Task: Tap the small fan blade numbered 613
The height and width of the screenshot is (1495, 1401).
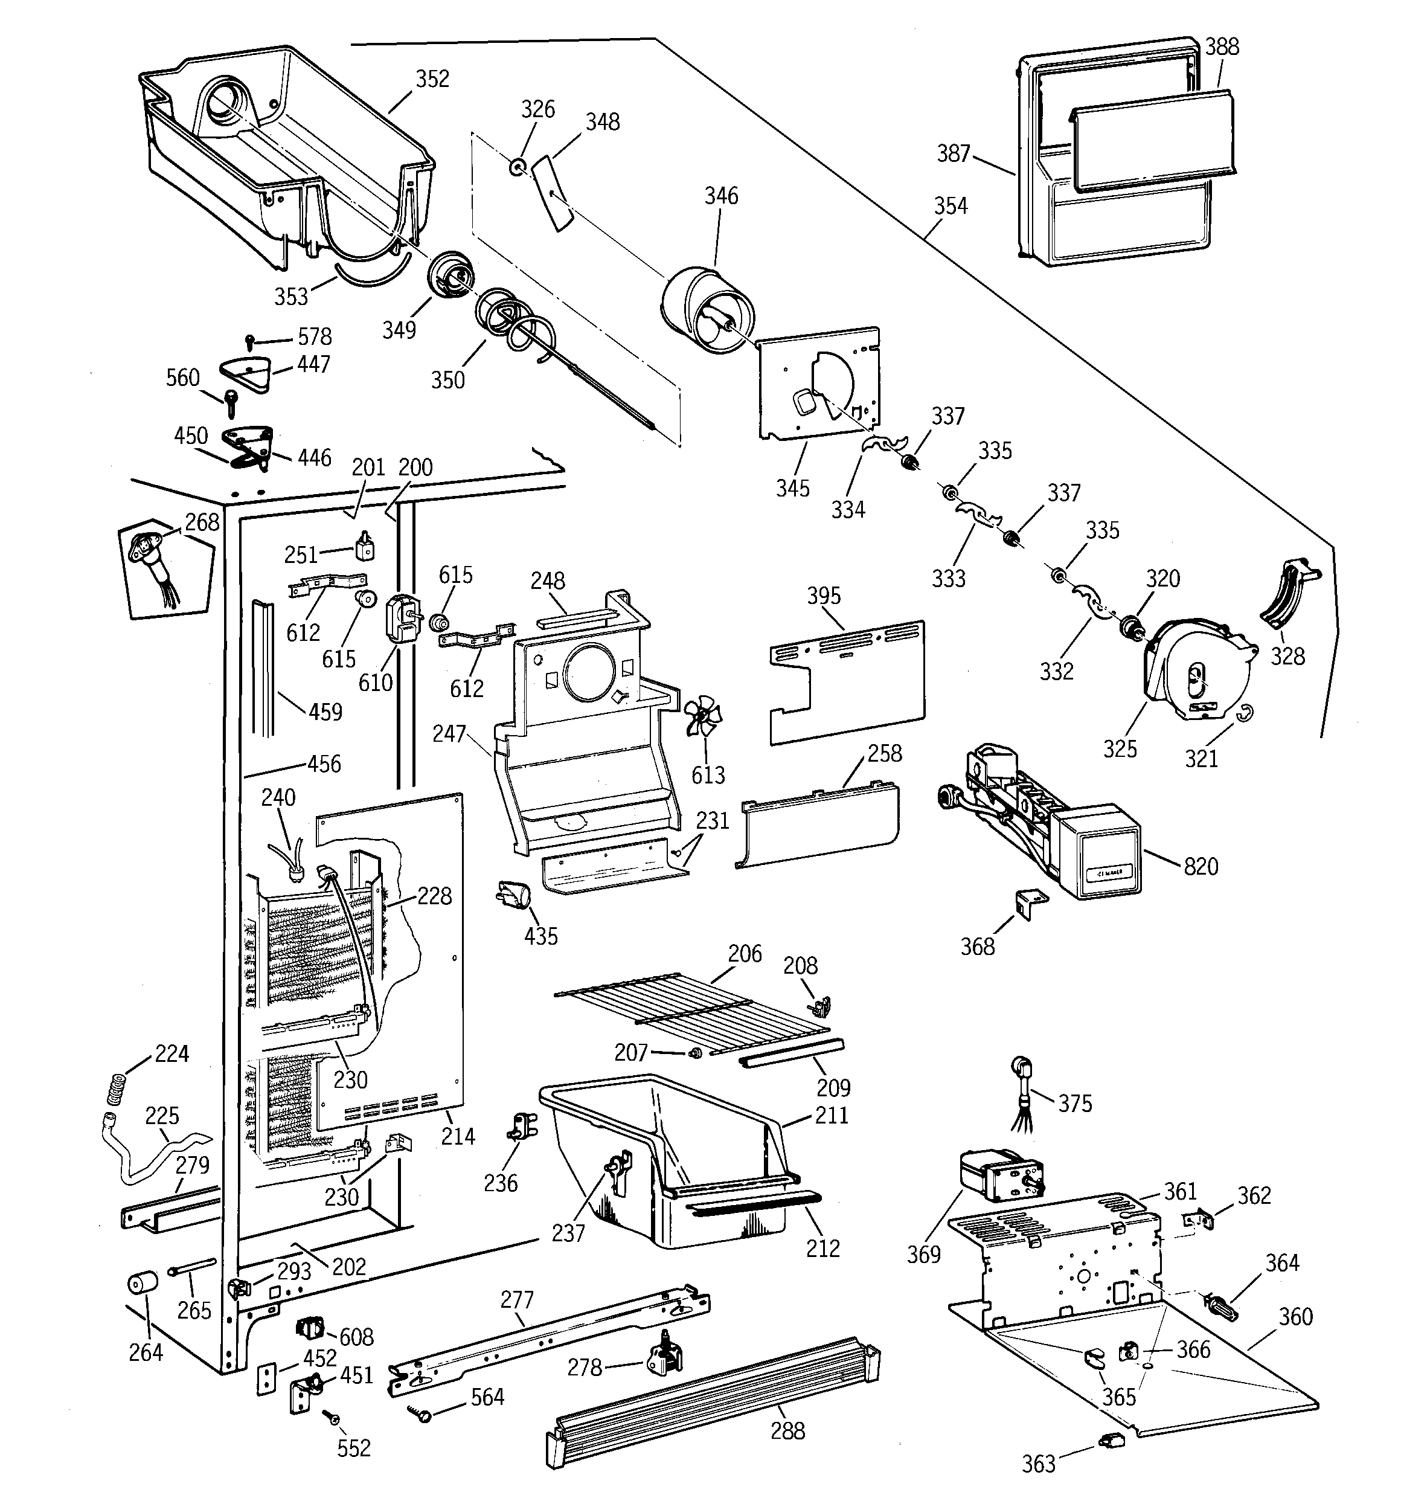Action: click(x=702, y=718)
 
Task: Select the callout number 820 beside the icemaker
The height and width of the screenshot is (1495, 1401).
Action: click(x=1201, y=866)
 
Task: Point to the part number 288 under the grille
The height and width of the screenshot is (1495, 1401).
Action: click(x=787, y=1430)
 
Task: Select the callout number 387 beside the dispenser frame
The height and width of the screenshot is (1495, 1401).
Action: click(x=954, y=153)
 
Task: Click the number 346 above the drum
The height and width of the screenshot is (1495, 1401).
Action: click(x=721, y=196)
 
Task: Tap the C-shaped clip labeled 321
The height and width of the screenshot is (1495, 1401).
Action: click(x=1246, y=710)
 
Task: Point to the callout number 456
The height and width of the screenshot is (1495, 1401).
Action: click(x=324, y=764)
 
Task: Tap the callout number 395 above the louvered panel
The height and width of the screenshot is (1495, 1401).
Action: click(x=824, y=596)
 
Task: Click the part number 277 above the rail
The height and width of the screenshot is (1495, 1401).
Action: click(x=517, y=1299)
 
